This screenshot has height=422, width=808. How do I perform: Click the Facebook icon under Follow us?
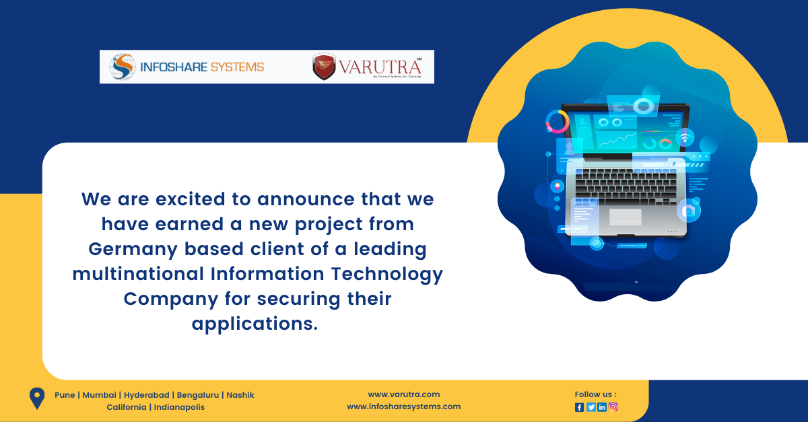(579, 407)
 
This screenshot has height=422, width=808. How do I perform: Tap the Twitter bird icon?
(591, 407)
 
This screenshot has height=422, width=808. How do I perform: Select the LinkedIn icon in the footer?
(602, 407)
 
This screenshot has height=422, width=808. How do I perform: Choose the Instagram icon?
(613, 407)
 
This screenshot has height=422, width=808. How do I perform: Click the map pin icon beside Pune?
(36, 398)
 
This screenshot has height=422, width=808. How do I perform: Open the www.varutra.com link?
(403, 394)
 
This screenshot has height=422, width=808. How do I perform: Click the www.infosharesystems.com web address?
(403, 407)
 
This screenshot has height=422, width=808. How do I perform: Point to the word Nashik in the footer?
(240, 395)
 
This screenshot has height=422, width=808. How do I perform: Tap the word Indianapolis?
(179, 407)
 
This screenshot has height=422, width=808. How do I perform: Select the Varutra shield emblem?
(324, 67)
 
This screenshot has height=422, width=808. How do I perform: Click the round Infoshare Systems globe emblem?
(123, 67)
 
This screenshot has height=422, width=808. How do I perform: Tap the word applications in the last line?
(254, 323)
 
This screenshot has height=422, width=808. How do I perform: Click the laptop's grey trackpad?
(625, 217)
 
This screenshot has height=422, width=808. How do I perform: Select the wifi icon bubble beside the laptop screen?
(685, 137)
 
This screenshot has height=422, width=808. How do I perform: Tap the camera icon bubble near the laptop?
(688, 211)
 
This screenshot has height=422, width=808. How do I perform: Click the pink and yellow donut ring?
(558, 122)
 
